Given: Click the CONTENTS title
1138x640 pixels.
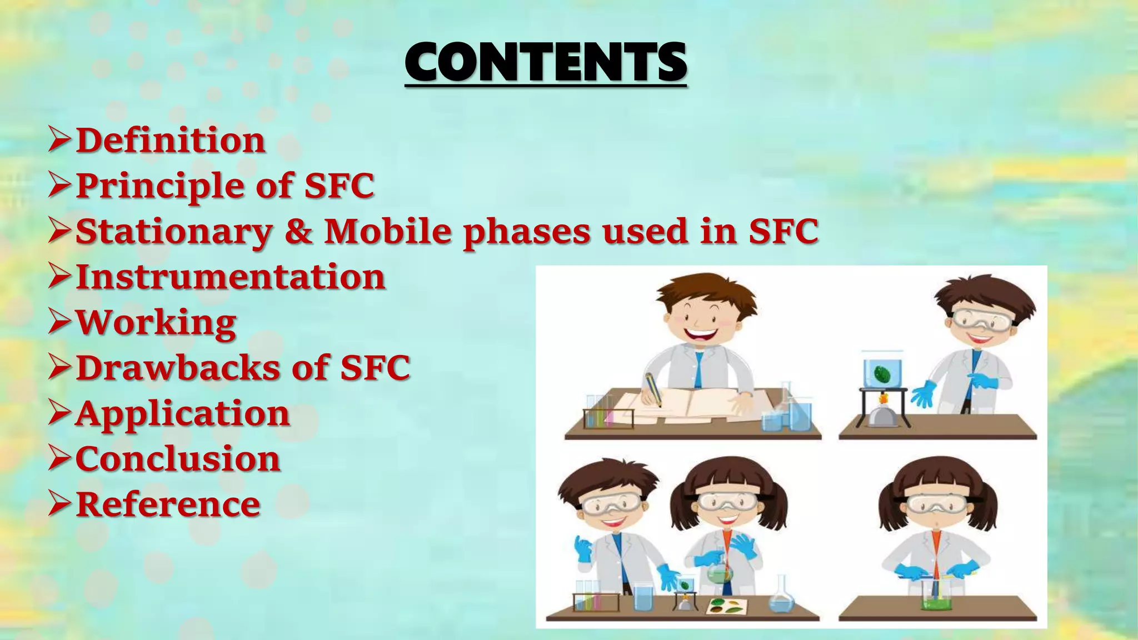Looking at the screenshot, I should coord(546,62).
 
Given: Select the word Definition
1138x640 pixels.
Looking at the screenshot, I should coord(170,140).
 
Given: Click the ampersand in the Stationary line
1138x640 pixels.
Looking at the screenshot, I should coord(298,231).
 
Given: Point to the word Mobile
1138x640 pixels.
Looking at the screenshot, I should coord(387,231).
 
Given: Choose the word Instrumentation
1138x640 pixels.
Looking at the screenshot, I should coord(230,277).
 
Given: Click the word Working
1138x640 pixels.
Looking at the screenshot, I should coord(156,323).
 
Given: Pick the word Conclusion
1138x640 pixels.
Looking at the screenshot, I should coord(178,459).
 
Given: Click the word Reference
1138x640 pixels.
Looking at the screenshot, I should coord(168,504).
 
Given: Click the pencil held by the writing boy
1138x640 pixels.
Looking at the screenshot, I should coord(653,389).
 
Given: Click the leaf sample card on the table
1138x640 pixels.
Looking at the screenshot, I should coord(726,607).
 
